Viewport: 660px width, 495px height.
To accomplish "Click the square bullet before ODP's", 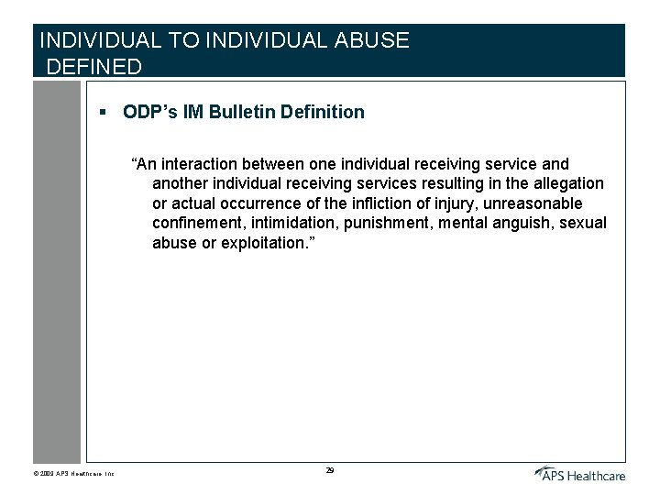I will tap(104, 112).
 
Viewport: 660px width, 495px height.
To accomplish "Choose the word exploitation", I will tap(265, 243).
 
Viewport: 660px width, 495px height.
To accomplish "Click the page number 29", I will tap(329, 470).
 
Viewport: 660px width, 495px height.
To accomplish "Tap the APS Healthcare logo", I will tap(579, 473).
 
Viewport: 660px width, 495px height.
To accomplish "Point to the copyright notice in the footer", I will tap(73, 474).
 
